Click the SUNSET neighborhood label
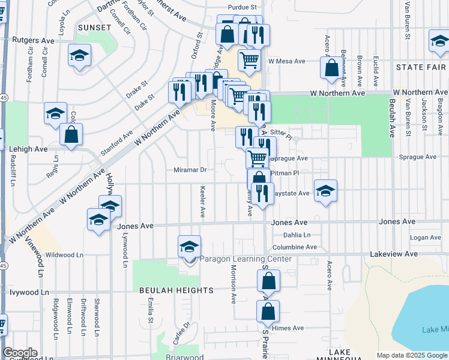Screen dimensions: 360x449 click(x=94, y=28)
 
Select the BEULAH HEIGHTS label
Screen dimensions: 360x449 click(x=176, y=290)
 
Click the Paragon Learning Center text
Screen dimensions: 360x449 click(x=246, y=259)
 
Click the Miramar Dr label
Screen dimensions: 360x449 click(x=190, y=170)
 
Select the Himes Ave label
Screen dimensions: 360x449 click(x=288, y=328)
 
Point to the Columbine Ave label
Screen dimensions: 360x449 click(x=294, y=247)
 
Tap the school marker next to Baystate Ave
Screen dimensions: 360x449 click(x=325, y=191)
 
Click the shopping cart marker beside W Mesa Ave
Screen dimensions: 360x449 click(x=249, y=59)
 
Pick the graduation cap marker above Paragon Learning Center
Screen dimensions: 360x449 click(x=189, y=247)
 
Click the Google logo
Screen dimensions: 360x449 click(x=20, y=353)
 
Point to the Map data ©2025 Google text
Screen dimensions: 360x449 click(x=412, y=355)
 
